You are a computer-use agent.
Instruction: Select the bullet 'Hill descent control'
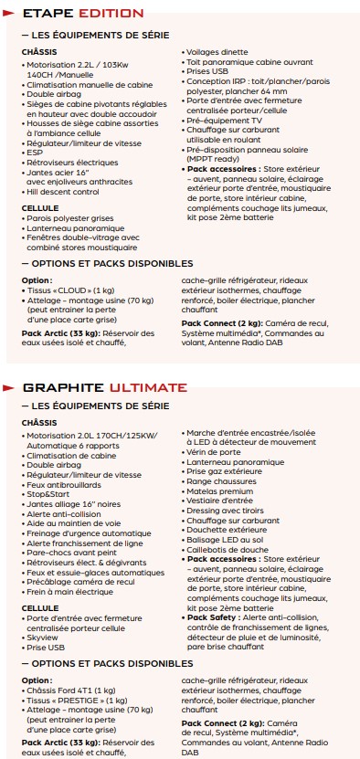point(63,193)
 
